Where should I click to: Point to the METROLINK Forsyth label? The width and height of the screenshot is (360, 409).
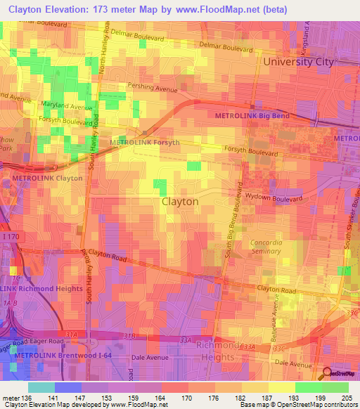[x=145, y=143]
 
